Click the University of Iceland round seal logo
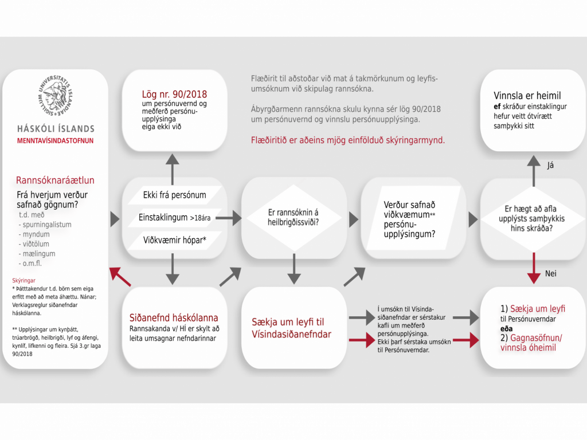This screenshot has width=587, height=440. point(56,97)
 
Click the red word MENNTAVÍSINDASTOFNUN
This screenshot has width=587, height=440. point(56,140)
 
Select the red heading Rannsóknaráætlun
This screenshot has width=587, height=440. point(55,180)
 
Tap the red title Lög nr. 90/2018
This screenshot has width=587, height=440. point(174,94)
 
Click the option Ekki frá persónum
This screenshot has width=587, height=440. point(174,195)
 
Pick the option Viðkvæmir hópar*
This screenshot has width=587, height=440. point(174,239)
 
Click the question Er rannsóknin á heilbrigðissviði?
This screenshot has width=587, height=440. point(293,218)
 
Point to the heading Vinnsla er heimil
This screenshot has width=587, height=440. point(527,96)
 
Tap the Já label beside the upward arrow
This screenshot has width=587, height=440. point(551,166)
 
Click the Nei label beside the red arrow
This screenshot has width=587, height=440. point(551,274)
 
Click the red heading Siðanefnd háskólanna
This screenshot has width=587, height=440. point(174,318)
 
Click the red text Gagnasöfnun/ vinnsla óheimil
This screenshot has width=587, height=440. point(531,343)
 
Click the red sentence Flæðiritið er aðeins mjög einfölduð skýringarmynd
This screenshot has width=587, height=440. point(347,140)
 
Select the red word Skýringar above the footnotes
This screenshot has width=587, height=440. point(24,281)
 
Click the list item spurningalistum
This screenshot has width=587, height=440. point(46,225)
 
